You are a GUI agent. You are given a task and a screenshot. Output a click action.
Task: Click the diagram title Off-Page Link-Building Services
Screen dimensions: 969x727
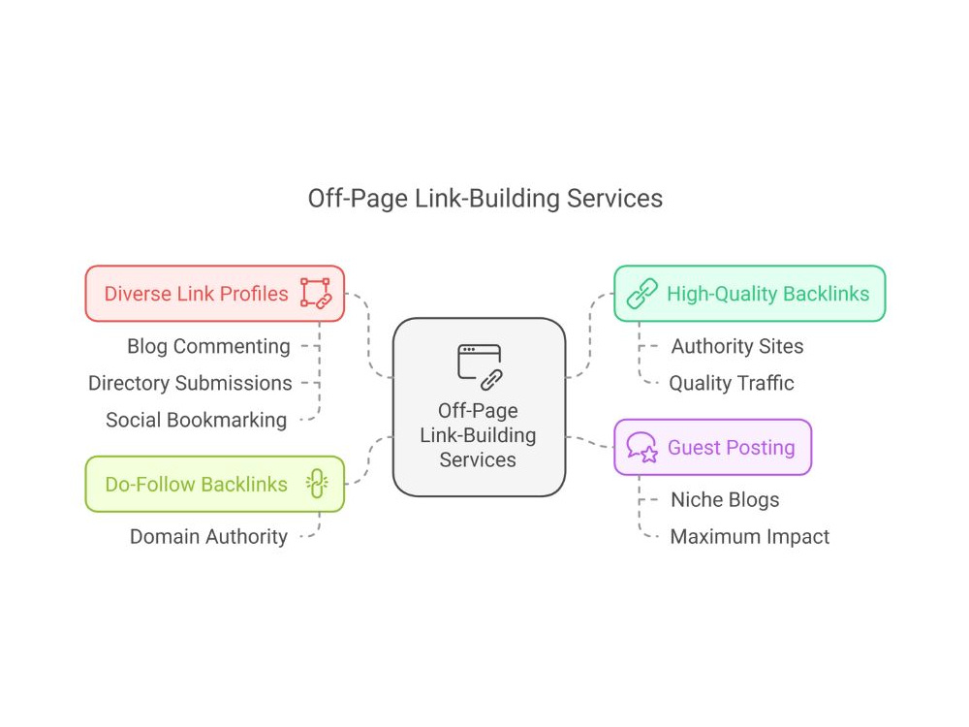(x=485, y=199)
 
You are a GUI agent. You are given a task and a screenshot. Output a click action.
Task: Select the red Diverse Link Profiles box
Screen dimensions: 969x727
(x=215, y=294)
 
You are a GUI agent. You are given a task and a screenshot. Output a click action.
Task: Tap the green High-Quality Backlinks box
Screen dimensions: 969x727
(x=750, y=294)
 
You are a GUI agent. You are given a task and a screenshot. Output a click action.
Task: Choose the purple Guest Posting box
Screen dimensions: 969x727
(x=712, y=447)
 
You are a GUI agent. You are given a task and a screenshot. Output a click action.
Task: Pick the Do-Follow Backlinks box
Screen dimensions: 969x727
(x=215, y=484)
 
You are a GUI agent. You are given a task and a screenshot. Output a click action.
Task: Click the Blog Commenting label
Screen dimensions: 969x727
(x=208, y=346)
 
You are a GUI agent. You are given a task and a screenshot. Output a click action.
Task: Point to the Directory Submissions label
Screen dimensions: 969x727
(x=190, y=383)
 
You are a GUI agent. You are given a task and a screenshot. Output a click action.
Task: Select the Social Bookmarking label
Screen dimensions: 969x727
(x=197, y=421)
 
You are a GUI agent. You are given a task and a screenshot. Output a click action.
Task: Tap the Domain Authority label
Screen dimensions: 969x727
(x=209, y=537)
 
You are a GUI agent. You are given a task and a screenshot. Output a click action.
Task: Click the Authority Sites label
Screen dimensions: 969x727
(x=737, y=346)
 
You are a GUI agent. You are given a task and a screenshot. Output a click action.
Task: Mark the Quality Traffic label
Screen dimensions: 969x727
(x=732, y=383)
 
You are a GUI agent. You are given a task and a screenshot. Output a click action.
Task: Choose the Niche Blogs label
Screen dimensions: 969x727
(x=725, y=499)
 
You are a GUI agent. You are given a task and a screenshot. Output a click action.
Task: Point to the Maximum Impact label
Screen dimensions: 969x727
(x=750, y=537)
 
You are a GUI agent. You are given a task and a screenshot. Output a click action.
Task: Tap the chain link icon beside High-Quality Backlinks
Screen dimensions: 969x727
(x=642, y=294)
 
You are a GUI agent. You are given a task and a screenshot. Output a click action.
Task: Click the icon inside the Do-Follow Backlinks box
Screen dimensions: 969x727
(x=317, y=484)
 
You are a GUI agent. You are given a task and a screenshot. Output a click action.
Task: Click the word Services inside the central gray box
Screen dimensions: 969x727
(x=478, y=459)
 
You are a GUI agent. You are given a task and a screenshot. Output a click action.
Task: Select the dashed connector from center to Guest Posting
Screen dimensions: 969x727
(x=589, y=441)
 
